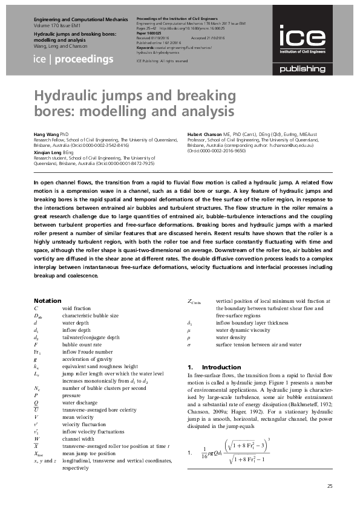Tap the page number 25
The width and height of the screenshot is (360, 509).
click(329, 486)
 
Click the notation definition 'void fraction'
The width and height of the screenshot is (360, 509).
click(77, 308)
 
